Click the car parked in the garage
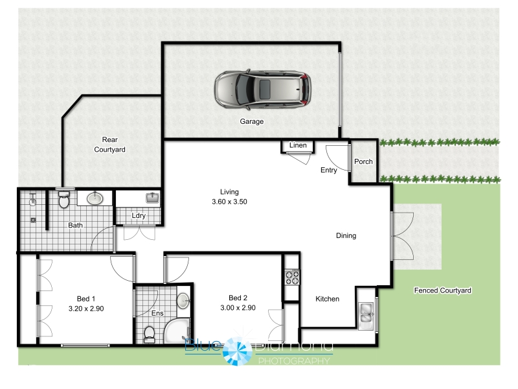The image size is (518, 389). coord(263,89)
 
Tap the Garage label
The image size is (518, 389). coord(252,121)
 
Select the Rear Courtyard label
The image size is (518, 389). coord(109,145)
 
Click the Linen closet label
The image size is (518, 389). coord(298,145)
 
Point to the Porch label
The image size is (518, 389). coord(363,161)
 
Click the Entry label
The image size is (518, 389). coord(329,170)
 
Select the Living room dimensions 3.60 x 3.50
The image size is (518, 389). coord(229,202)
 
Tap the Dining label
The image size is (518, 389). coord(346,235)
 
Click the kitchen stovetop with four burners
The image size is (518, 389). coord(292,277)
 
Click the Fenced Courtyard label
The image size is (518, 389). coord(443,290)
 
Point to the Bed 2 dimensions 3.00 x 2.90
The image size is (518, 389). coord(238,307)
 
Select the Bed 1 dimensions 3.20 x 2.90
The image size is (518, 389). coord(86,309)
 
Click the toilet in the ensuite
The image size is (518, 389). coord(150,335)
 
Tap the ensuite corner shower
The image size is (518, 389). coord(177,331)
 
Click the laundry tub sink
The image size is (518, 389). coord(152,198)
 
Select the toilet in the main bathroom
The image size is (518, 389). coord(63,198)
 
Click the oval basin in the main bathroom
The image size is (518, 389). coord(95,198)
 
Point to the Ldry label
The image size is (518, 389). coord(139,215)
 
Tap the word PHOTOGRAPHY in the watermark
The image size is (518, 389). coord(294,361)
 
